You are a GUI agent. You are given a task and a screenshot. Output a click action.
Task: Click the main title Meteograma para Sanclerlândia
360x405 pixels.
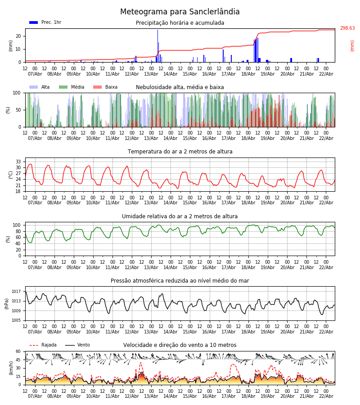coord(180,12)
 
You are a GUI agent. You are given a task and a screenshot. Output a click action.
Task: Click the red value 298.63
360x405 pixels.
coord(347,28)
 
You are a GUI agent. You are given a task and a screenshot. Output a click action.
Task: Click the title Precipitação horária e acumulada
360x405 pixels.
coord(180,23)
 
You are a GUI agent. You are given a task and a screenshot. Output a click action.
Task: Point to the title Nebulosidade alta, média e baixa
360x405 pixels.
coord(180,87)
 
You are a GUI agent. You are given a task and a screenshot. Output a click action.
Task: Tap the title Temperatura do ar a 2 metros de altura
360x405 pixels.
coord(180,152)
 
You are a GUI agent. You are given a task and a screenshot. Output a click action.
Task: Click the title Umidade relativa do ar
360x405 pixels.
coord(180,216)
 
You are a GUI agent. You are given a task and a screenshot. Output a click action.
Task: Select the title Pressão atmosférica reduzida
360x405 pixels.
coord(180,281)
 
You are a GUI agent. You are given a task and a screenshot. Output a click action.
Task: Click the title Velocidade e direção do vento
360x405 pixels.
coord(180,345)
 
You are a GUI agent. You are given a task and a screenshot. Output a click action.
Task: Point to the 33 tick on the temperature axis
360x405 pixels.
coord(18,162)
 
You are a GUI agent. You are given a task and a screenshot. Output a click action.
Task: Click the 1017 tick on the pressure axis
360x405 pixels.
coord(17,292)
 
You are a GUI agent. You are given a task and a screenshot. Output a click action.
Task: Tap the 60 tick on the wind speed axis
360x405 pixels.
coord(18,351)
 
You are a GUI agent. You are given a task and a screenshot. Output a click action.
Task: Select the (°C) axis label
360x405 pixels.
coord(11,174)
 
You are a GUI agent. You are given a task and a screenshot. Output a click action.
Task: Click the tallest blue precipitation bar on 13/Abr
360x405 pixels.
coord(157,45)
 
